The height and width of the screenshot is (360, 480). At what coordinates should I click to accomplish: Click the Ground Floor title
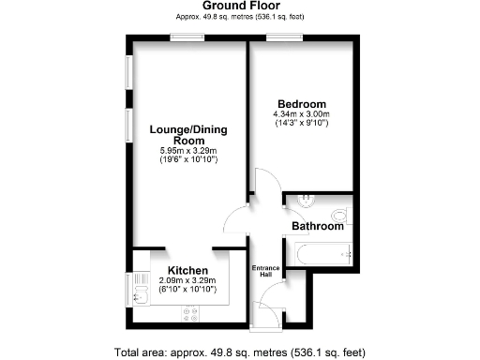(x=239, y=6)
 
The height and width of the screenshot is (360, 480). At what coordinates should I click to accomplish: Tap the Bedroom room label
(x=302, y=103)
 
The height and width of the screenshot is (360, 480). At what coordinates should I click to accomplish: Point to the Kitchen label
(x=187, y=270)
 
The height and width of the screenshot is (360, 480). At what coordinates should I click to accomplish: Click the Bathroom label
(x=318, y=227)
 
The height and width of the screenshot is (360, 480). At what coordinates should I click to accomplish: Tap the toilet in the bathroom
(x=340, y=214)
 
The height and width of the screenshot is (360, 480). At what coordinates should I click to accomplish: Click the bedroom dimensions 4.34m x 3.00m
(x=302, y=114)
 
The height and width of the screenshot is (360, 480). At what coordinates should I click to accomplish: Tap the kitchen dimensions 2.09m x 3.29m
(x=187, y=280)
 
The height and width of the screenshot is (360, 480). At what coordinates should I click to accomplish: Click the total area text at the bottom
(x=239, y=352)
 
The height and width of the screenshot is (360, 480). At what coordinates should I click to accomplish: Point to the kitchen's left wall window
(x=128, y=288)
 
